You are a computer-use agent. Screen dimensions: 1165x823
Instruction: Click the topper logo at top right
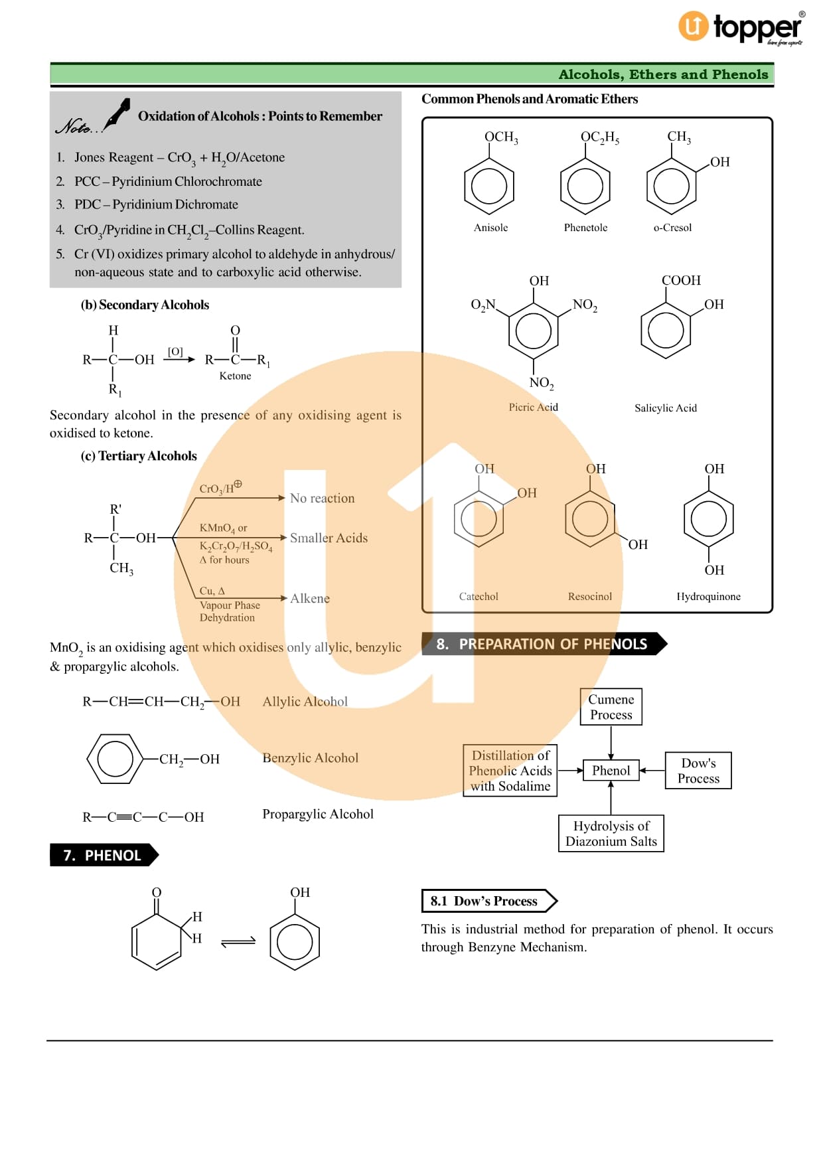click(741, 28)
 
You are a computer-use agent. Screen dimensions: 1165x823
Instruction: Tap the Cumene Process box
click(611, 707)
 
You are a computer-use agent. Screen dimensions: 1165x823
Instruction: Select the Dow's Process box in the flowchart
click(698, 771)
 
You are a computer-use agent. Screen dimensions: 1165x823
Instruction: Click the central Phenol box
click(611, 771)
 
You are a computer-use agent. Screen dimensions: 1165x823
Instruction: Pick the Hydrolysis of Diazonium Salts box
click(611, 834)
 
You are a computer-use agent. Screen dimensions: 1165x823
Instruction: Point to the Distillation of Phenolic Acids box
click(510, 771)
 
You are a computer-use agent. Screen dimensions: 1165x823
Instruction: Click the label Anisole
click(490, 228)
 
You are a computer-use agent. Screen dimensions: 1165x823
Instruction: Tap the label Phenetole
click(585, 228)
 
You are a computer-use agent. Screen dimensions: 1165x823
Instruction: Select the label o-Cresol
click(672, 228)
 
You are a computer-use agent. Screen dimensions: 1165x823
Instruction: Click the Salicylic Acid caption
click(666, 408)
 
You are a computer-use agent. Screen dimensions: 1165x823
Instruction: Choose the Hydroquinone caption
click(708, 597)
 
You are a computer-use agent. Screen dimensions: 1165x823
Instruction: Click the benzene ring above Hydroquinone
click(709, 519)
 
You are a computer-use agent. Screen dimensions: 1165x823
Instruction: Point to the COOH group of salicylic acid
click(681, 281)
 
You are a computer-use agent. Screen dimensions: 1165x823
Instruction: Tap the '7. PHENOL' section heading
click(103, 855)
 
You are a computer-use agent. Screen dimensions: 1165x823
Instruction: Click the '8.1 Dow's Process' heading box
click(488, 901)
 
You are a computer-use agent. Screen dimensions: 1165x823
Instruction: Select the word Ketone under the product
click(235, 376)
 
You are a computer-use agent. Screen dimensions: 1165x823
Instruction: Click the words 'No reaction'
click(322, 499)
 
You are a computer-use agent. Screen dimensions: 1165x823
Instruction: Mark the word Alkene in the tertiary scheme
click(310, 599)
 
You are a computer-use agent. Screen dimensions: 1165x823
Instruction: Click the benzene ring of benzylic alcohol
click(115, 759)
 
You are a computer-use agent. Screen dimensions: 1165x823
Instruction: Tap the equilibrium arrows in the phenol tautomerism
click(238, 941)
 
